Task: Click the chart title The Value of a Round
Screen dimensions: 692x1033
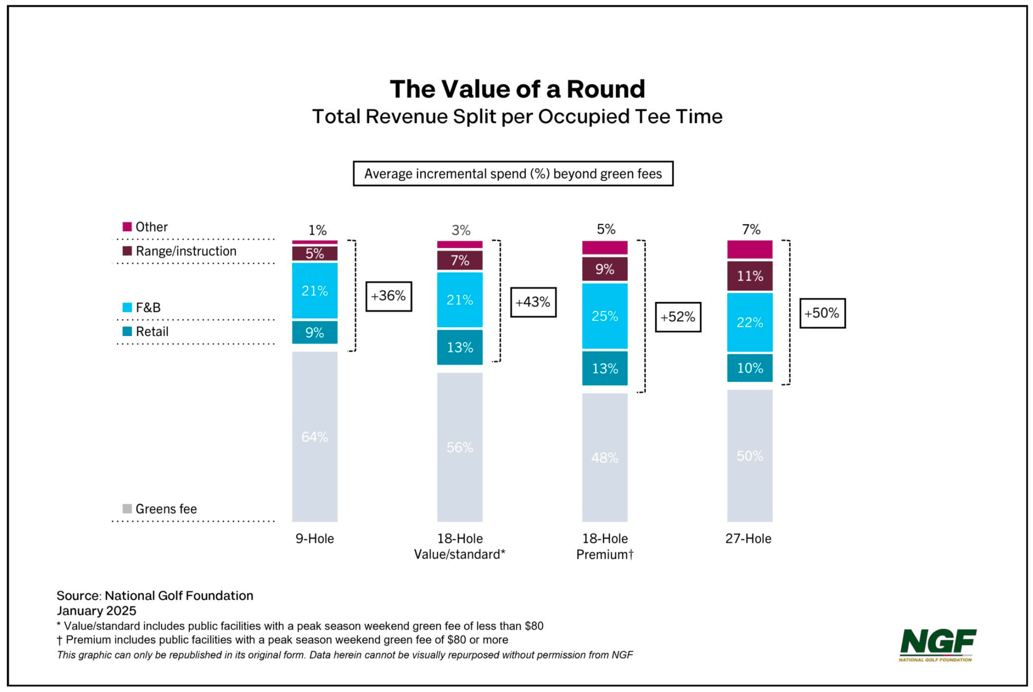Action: coord(517,89)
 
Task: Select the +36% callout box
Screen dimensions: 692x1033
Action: coord(388,296)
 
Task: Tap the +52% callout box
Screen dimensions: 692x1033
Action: coord(677,317)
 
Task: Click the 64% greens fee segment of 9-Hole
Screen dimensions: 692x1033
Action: coord(315,437)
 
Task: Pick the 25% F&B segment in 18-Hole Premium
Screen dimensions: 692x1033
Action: coord(605,316)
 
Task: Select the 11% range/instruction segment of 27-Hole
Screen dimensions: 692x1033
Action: coord(749,276)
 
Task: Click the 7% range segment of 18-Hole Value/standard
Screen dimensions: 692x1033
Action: coord(459,261)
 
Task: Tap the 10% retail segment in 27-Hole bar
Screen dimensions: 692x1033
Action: coord(749,368)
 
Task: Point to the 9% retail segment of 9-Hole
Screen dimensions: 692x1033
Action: coord(315,332)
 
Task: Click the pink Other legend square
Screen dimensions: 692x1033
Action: coord(128,226)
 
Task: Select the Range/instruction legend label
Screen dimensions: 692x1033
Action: coord(186,251)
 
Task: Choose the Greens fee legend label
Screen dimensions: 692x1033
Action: coord(166,509)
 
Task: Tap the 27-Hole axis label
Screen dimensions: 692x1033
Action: coord(748,538)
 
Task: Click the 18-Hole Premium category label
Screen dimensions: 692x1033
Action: coord(605,546)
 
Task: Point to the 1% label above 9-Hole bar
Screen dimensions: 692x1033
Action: coord(317,230)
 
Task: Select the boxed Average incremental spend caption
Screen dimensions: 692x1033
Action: coord(513,174)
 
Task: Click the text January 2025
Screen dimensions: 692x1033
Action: coord(96,611)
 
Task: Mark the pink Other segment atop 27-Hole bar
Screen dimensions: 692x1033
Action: coord(749,249)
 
